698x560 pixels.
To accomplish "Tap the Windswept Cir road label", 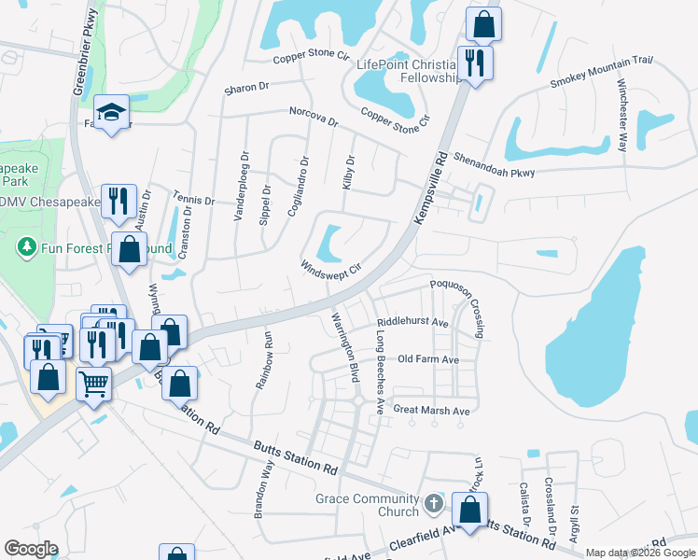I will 330,266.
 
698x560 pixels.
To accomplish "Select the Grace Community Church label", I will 366,505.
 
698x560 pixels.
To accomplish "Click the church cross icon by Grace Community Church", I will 433,504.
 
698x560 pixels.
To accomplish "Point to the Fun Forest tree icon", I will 25,249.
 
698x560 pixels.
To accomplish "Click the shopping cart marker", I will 93,381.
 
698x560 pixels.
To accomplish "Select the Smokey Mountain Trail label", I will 601,71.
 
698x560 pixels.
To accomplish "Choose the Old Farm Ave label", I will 427,359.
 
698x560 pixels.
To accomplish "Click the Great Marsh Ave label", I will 430,411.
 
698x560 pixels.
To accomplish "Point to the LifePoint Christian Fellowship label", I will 411,71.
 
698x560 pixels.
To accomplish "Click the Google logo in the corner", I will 31,548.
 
